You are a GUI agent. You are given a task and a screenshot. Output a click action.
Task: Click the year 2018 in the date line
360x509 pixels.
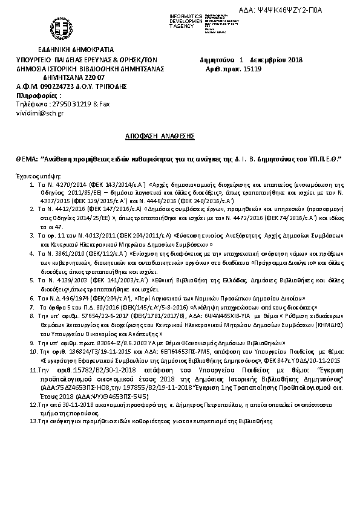tap(293, 60)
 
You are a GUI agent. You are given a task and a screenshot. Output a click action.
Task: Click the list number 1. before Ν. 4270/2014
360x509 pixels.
tap(31, 182)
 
